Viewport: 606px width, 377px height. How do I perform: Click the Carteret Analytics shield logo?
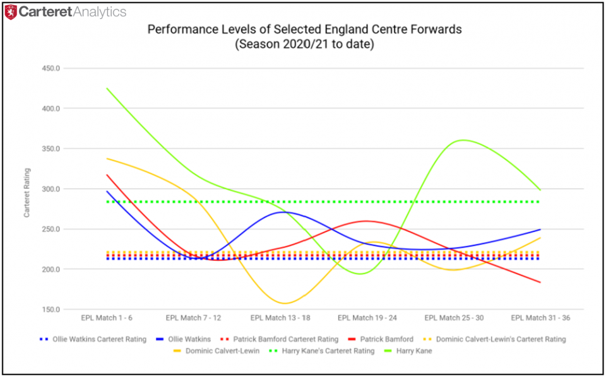pyautogui.click(x=11, y=12)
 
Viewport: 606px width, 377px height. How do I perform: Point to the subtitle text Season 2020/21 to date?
pyautogui.click(x=304, y=45)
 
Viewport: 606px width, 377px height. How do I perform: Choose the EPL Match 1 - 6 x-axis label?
pyautogui.click(x=107, y=318)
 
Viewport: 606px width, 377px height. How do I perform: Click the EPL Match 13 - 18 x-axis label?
pyautogui.click(x=280, y=318)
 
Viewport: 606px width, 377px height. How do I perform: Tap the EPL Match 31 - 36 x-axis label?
pyautogui.click(x=540, y=318)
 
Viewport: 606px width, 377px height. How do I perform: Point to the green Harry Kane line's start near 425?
pyautogui.click(x=107, y=88)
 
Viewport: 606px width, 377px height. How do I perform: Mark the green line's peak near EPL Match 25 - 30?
pyautogui.click(x=464, y=140)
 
